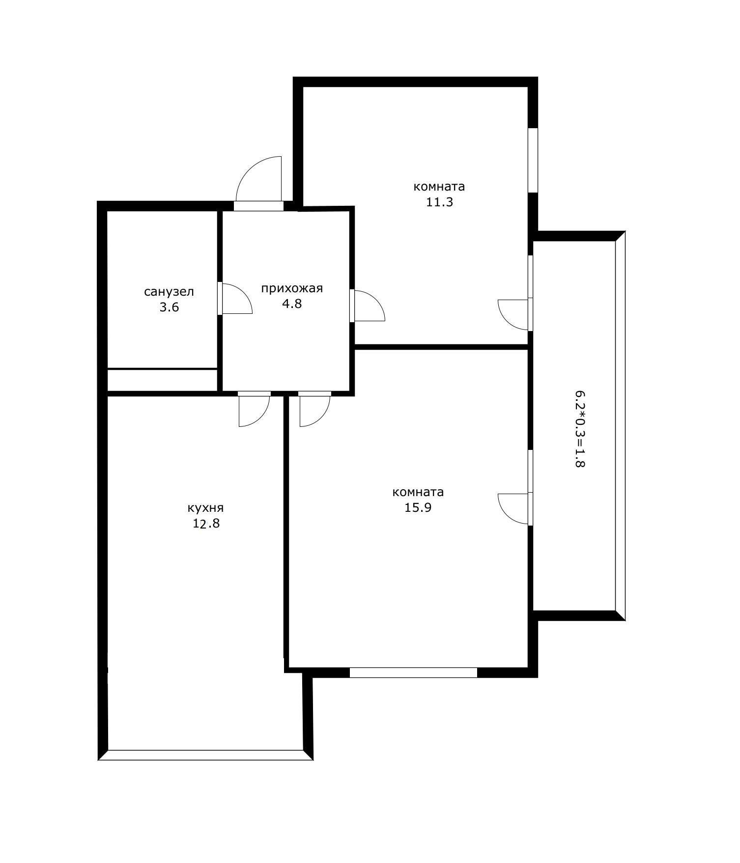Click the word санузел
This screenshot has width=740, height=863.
(x=169, y=292)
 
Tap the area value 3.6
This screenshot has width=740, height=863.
(x=169, y=307)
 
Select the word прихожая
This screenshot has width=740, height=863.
(x=292, y=288)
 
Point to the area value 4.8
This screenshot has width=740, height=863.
(x=292, y=304)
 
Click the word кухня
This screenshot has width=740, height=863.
(x=206, y=508)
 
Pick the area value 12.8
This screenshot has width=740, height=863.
(x=206, y=523)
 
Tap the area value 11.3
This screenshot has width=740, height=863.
(x=439, y=202)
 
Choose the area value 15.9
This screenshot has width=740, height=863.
(x=418, y=507)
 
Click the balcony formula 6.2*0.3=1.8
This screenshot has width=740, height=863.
(x=580, y=429)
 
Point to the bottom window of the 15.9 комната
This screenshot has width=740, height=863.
(x=413, y=672)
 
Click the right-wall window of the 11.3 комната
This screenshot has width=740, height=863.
(x=533, y=160)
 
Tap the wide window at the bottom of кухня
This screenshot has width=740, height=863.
(x=205, y=755)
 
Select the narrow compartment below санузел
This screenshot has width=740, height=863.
(x=162, y=380)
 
